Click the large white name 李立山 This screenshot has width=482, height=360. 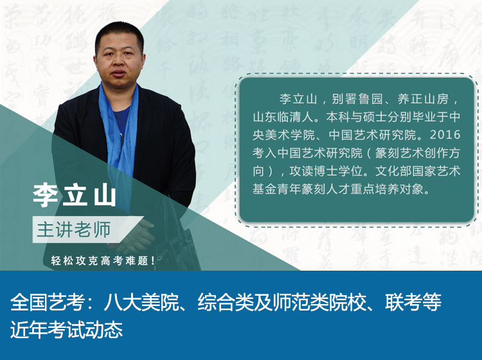[75, 195]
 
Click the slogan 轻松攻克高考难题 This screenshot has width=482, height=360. [103, 261]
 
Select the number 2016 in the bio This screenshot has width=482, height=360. [445, 134]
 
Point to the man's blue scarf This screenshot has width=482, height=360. [120, 138]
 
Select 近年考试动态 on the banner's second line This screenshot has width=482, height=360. [66, 330]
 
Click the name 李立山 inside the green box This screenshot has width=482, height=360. [298, 99]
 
